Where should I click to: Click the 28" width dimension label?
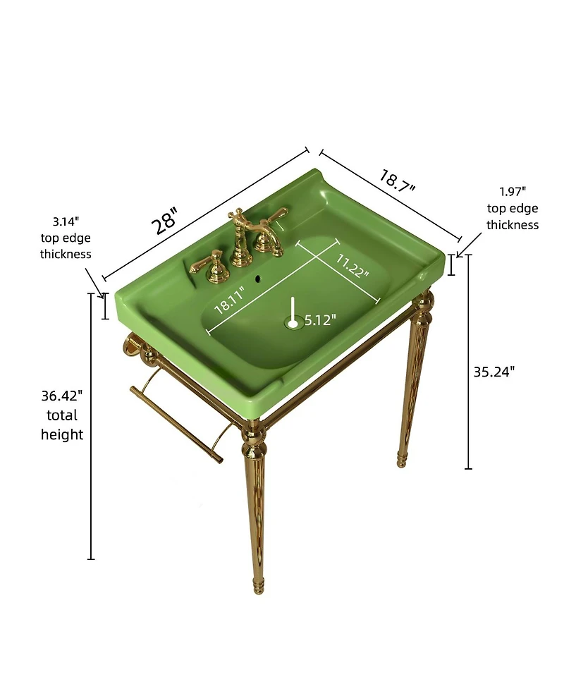[x=165, y=221]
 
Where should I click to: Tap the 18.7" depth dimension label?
[x=397, y=181]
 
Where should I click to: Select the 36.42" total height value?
[x=62, y=396]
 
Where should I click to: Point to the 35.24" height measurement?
[x=493, y=372]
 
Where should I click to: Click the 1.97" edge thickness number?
[x=513, y=192]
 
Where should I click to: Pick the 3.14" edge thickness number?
[x=66, y=221]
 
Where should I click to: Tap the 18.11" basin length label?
[x=229, y=299]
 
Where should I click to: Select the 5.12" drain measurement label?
[x=320, y=320]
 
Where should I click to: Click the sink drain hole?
[x=293, y=324]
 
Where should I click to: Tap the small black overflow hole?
[x=258, y=278]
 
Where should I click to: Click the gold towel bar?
[x=176, y=424]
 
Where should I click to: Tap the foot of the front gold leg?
[x=258, y=586]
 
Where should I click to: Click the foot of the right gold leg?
[x=401, y=459]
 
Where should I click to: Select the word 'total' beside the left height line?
[x=62, y=415]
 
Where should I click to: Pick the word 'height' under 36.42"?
[x=62, y=434]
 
